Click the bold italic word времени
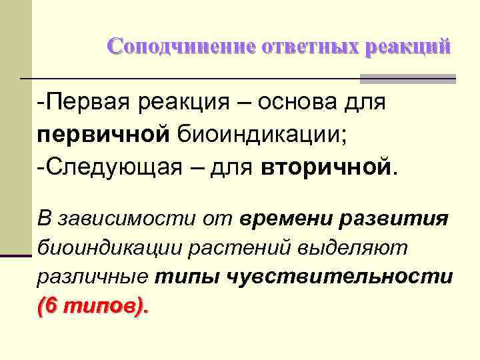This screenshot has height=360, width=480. coord(286,219)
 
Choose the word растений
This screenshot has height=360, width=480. coord(234,248)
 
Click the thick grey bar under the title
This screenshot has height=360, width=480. coord(407,79)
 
